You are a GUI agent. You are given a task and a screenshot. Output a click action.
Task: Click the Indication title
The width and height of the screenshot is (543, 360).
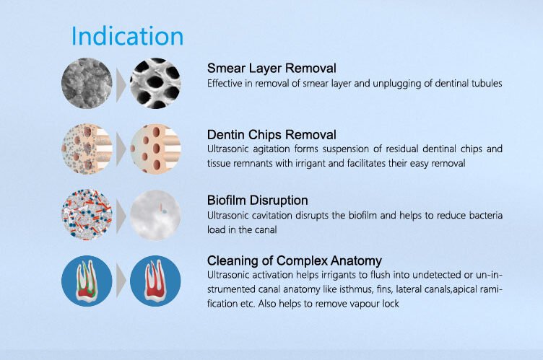coord(127,36)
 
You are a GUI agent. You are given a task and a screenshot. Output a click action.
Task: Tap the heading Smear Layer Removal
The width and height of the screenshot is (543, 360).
coord(271,69)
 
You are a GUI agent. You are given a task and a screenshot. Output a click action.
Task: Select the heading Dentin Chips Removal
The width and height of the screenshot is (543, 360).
coord(271,135)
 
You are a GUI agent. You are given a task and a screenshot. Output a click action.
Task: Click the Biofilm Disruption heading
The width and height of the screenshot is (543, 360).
coord(257,200)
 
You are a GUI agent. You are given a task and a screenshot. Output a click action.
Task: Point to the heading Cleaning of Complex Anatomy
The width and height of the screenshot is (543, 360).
coord(295,260)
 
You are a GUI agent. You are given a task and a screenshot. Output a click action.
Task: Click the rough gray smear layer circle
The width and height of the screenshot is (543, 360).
coord(87,83)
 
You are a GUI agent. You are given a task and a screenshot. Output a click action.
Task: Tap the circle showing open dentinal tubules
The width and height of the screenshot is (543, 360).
coord(155,83)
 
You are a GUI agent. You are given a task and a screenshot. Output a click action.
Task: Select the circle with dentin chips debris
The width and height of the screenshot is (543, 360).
coord(87,149)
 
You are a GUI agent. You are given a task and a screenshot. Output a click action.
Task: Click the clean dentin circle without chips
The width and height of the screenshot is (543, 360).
coord(155,149)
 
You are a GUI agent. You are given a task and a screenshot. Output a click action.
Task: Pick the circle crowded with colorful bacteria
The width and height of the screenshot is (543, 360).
coord(87,214)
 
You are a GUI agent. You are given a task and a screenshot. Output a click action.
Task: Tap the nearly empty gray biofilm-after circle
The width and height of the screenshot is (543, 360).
coord(155,214)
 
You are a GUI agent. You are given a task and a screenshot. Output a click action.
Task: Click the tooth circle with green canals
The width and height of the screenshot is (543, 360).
coord(87,281)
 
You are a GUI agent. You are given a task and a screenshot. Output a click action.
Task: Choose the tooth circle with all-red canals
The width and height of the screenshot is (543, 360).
coord(155,281)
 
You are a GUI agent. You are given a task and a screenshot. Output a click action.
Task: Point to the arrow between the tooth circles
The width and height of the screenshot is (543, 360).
coord(121,281)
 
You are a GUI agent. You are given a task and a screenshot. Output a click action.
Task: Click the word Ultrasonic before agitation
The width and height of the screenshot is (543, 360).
coord(228,149)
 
